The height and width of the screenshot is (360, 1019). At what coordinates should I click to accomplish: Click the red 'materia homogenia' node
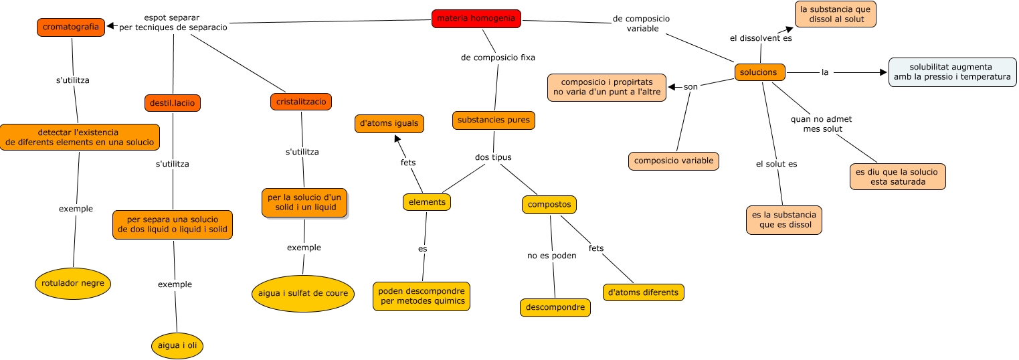pyautogui.click(x=476, y=19)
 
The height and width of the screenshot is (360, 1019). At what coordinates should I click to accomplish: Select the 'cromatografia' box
pyautogui.click(x=70, y=27)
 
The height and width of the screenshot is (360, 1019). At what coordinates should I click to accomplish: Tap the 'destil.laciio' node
pyautogui.click(x=173, y=103)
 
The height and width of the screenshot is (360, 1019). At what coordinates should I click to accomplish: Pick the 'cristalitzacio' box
pyautogui.click(x=301, y=102)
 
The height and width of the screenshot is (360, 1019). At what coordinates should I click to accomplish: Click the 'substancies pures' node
pyautogui.click(x=494, y=120)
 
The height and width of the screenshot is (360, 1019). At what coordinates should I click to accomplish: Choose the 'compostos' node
pyautogui.click(x=549, y=204)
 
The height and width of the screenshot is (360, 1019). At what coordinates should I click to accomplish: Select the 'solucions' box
pyautogui.click(x=759, y=72)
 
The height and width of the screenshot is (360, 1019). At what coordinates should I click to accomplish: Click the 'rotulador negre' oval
pyautogui.click(x=72, y=284)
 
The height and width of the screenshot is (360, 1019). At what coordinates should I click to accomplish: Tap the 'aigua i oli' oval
pyautogui.click(x=177, y=345)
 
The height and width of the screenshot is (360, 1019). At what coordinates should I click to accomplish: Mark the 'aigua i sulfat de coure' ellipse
pyautogui.click(x=302, y=293)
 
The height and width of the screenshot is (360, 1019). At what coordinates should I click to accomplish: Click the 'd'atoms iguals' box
pyautogui.click(x=389, y=123)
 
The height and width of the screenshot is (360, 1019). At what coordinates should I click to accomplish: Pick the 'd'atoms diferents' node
pyautogui.click(x=644, y=292)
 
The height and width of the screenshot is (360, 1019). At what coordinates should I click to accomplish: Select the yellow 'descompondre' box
pyautogui.click(x=555, y=308)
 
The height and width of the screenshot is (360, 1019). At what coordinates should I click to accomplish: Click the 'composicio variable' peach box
pyautogui.click(x=674, y=161)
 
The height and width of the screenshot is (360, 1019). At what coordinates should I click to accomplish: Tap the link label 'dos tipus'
pyautogui.click(x=493, y=157)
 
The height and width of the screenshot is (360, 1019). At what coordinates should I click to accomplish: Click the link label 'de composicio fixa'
pyautogui.click(x=498, y=58)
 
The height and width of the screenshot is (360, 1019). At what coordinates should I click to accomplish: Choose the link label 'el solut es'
pyautogui.click(x=776, y=164)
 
